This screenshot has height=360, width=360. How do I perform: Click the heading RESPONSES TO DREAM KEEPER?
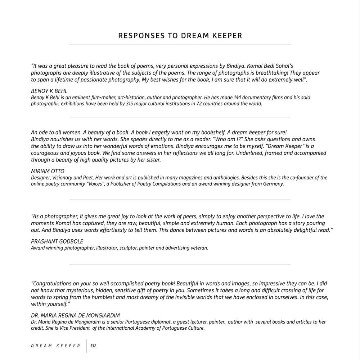[180, 36]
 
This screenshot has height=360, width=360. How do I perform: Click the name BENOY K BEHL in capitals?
[49, 91]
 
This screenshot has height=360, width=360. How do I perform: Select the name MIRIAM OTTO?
[48, 171]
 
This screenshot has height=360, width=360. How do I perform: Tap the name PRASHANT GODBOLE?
[57, 241]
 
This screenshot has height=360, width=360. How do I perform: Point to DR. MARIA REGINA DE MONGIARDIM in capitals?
[75, 315]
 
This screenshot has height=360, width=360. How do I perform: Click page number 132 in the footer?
[93, 346]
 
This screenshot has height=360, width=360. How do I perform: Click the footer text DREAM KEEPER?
[56, 346]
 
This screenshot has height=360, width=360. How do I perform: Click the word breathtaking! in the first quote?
[273, 73]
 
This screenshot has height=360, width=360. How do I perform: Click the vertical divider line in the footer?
[86, 346]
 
